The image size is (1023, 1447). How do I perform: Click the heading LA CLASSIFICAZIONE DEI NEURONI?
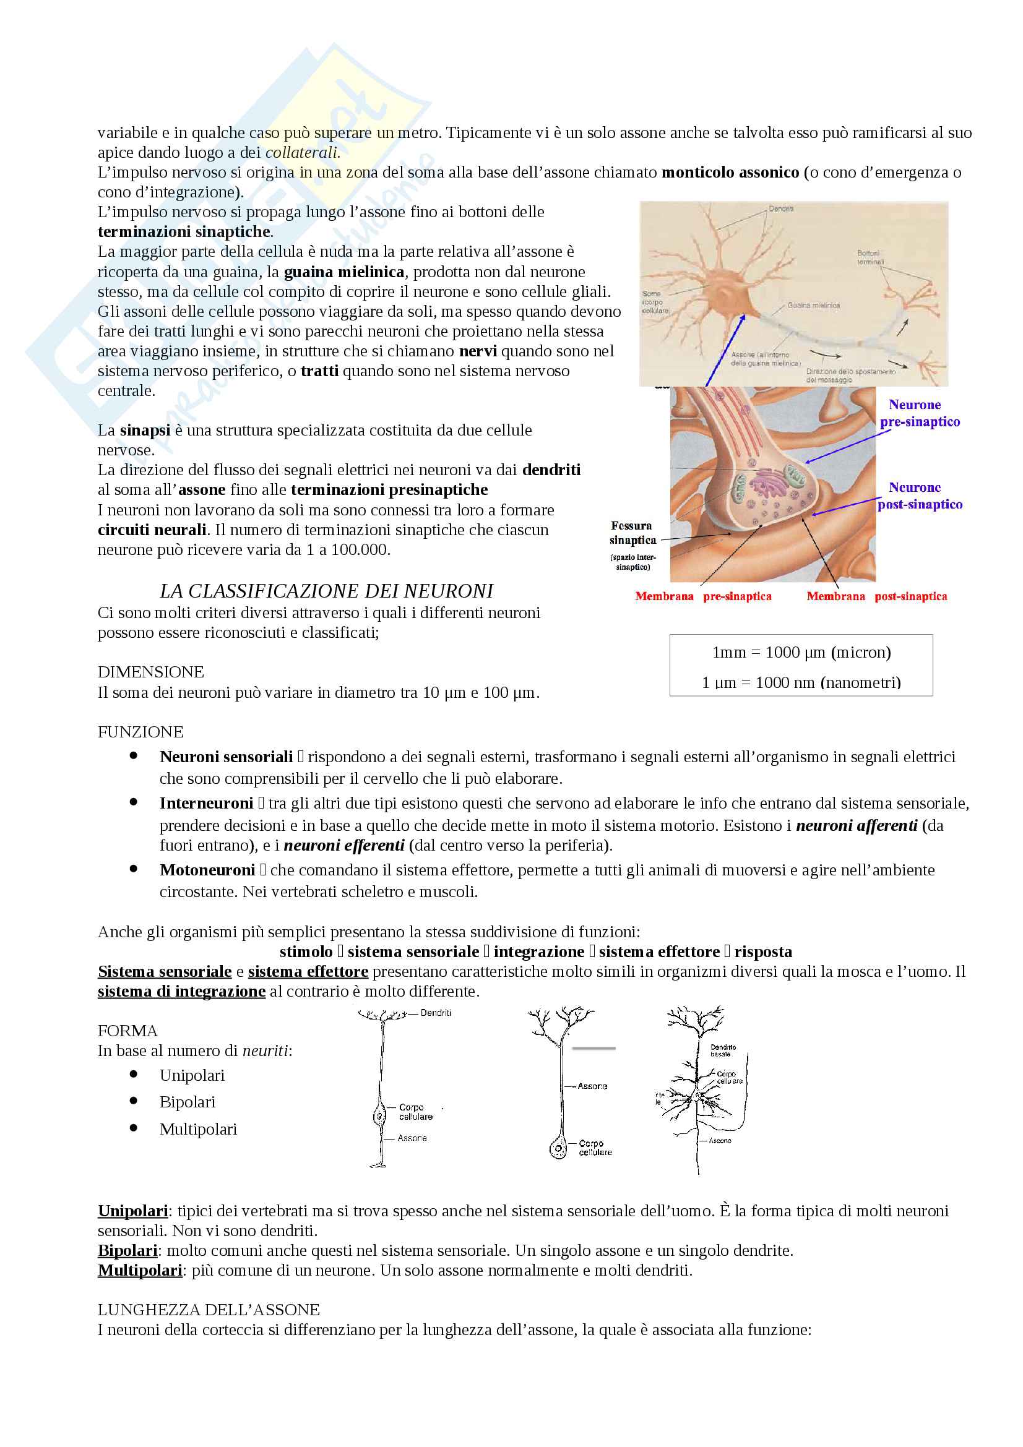[x=326, y=591]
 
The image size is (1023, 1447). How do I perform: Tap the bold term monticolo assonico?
[x=730, y=172]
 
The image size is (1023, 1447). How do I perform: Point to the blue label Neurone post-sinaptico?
[x=919, y=496]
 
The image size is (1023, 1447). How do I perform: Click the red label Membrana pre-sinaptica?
[x=703, y=596]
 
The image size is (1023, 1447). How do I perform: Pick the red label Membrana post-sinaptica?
[x=876, y=596]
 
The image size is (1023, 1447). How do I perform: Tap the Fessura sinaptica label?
[x=632, y=533]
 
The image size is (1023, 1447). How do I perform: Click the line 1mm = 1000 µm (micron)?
[x=801, y=652]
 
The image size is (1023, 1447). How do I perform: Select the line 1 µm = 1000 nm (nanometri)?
[x=801, y=682]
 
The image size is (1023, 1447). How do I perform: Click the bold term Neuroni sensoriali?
[x=227, y=757]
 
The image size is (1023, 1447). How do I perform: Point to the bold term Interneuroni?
[x=206, y=804]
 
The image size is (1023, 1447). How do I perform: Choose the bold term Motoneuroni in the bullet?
[x=207, y=870]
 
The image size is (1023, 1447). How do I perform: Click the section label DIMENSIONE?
[x=150, y=672]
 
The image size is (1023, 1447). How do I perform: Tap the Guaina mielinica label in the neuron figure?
[x=813, y=306]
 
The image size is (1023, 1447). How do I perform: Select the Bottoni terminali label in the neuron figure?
[x=870, y=257]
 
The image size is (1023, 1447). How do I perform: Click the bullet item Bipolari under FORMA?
[x=187, y=1102]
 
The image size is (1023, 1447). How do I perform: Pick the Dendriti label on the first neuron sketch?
[x=436, y=1013]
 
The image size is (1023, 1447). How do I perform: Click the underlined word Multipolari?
[x=140, y=1270]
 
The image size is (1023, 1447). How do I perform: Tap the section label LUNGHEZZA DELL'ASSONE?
[x=209, y=1310]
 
